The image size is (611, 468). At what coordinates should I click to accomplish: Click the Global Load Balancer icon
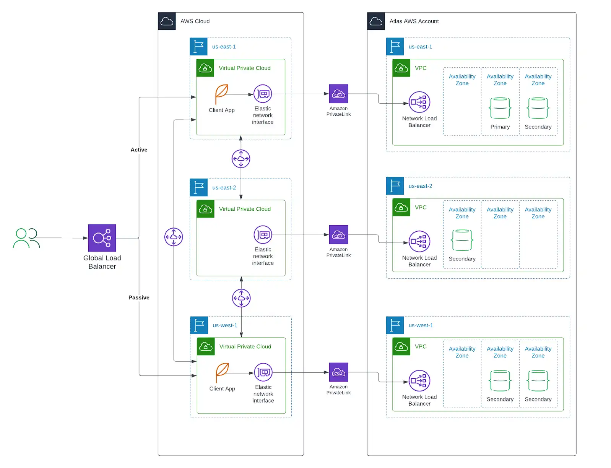click(102, 238)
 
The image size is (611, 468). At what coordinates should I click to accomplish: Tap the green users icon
click(26, 238)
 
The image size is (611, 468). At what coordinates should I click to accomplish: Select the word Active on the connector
click(139, 149)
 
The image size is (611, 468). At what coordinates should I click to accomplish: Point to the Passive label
click(139, 297)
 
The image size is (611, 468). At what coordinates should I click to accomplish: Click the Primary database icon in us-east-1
click(500, 108)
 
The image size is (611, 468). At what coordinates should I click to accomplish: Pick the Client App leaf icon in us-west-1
click(222, 372)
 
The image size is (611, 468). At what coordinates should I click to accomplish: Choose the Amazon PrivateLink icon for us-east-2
click(338, 234)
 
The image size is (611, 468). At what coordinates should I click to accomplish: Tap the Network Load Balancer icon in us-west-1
click(419, 380)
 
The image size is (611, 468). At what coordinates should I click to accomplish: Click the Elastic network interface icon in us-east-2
click(263, 234)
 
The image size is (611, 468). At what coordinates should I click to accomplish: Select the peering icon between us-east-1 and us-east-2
click(241, 158)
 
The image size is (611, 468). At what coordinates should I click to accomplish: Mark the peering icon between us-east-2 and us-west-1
click(241, 298)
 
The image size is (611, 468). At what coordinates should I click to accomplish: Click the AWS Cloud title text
click(195, 21)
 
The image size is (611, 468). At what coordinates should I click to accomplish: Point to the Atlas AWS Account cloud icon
click(376, 21)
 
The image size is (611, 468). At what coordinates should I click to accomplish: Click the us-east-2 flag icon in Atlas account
click(395, 186)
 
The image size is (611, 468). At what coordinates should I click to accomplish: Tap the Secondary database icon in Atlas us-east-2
click(462, 240)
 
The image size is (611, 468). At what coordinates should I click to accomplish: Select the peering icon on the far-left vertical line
click(174, 237)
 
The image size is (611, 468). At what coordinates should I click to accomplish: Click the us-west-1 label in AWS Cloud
click(225, 325)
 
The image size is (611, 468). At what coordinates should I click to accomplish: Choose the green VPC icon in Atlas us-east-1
click(401, 68)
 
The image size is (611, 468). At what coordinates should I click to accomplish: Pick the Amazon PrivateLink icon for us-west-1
click(338, 372)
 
